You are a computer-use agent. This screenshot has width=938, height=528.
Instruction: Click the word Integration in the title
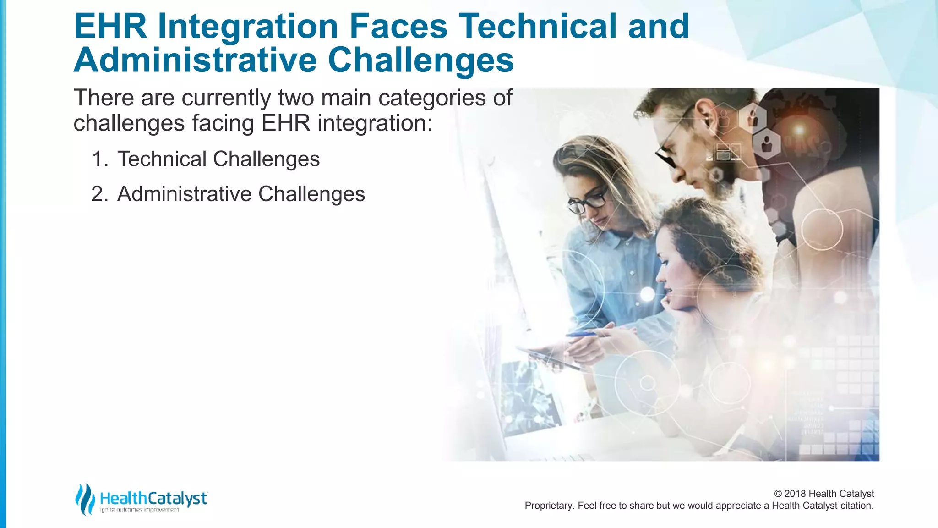click(x=247, y=27)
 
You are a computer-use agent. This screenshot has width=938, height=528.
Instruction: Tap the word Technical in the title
click(x=537, y=27)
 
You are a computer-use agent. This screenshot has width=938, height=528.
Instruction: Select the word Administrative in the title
click(x=195, y=60)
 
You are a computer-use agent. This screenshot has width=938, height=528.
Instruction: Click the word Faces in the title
click(x=398, y=27)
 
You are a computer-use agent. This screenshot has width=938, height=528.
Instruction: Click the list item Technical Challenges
click(x=218, y=159)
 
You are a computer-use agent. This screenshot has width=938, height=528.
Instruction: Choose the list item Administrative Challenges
click(x=241, y=194)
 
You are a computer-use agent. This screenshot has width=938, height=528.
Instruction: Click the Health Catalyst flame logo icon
click(x=85, y=499)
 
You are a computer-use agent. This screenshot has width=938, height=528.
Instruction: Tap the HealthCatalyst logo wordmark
click(x=153, y=498)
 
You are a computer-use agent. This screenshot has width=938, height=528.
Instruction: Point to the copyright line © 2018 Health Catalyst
click(x=824, y=494)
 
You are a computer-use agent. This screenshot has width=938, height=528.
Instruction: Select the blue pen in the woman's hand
click(x=582, y=335)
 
